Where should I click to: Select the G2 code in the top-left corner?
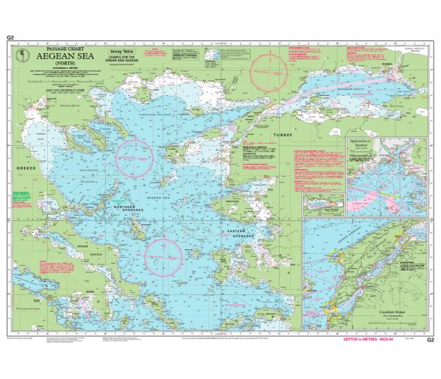pos(10,37)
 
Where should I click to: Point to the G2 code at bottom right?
pos(430,339)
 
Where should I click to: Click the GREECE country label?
pos(25,169)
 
